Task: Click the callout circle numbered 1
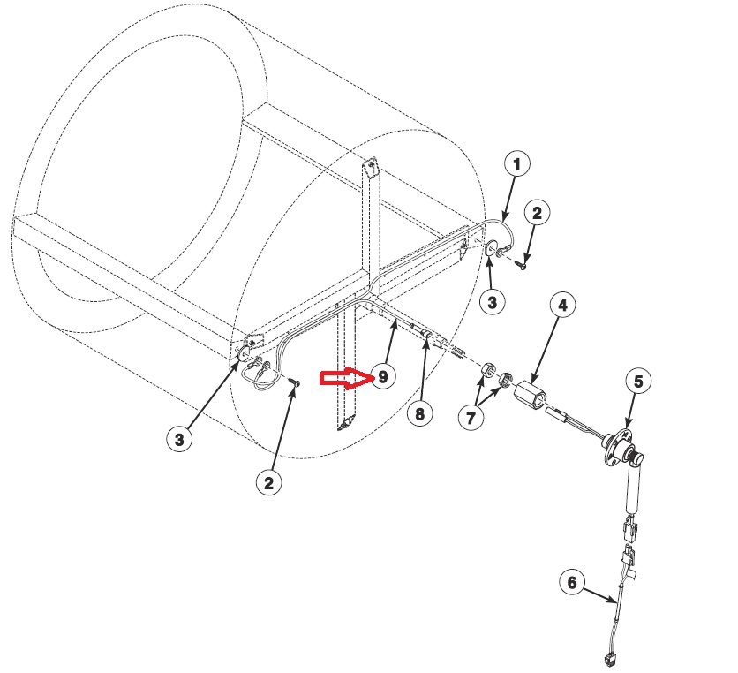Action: tap(517, 163)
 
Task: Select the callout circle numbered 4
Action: tap(563, 306)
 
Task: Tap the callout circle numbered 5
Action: tap(639, 382)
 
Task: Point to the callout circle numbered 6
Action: tap(573, 582)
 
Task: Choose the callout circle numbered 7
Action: tap(471, 418)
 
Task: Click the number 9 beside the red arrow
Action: tap(382, 377)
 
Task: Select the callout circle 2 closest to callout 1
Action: tap(538, 213)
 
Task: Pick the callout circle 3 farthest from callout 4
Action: tap(179, 439)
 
